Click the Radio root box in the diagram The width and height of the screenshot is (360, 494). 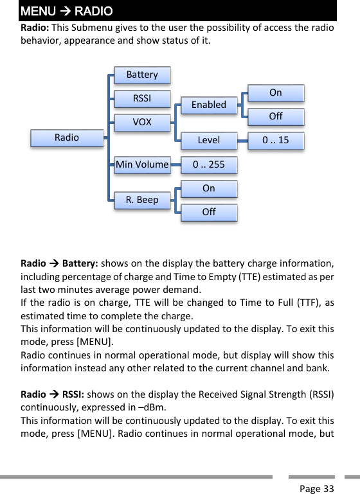67,137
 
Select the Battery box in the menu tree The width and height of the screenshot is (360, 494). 142,75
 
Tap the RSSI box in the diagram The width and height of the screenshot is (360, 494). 142,98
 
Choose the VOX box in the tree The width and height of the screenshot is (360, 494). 142,122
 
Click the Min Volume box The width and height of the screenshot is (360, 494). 142,164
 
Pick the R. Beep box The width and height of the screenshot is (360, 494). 142,200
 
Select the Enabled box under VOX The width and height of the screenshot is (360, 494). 209,105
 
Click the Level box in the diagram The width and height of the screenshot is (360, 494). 209,140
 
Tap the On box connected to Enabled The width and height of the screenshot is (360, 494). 276,93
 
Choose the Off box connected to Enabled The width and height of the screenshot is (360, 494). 276,116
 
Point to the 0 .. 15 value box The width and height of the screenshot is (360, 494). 276,140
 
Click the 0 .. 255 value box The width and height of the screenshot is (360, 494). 209,164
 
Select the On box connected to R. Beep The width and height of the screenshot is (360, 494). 209,188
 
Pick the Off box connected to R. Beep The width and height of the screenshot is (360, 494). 209,212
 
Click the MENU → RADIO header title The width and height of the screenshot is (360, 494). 66,12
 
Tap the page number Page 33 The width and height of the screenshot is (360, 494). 317,489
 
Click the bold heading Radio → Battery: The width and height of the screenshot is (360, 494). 59,263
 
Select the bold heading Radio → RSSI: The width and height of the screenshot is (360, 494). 53,394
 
